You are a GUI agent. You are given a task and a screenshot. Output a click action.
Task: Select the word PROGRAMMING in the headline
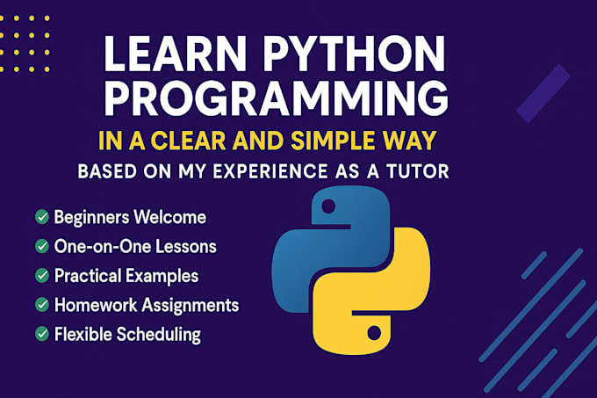tap(277, 98)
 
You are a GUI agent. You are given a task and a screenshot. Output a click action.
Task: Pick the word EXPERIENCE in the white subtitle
tap(270, 171)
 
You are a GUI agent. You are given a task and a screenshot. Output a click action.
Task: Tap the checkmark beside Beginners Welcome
tap(42, 217)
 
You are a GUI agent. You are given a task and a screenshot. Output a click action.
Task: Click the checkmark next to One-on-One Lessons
tap(42, 246)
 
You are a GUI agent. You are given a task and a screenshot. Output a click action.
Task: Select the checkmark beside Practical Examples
tap(42, 276)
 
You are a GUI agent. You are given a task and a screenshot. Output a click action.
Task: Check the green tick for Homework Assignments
tap(42, 305)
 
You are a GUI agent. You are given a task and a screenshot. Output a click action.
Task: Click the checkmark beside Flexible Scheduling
tap(42, 335)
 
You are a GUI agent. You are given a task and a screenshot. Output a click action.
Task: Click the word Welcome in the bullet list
tap(169, 217)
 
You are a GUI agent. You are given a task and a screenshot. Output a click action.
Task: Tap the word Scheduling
tap(159, 335)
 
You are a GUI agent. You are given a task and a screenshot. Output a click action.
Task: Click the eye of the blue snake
tap(328, 206)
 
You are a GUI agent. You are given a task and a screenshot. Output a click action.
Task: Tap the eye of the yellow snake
tap(374, 333)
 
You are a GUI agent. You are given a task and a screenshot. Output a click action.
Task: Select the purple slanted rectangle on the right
tap(543, 94)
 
